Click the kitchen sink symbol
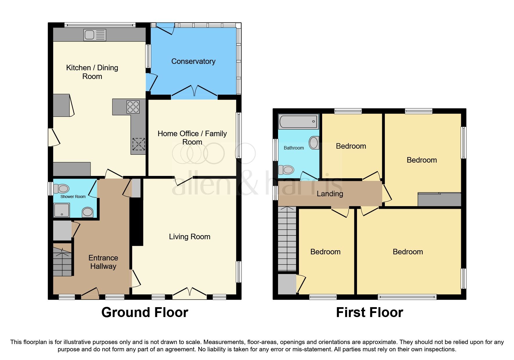point(95,35)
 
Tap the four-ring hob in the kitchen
point(133,107)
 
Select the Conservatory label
point(193,61)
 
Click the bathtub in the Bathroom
point(298,121)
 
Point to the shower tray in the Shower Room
point(62,210)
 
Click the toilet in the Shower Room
point(61,189)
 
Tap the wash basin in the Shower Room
point(87,212)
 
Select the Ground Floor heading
point(145,312)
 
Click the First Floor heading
point(369,312)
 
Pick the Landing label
point(330,194)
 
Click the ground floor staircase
point(62,261)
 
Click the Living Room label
point(190,237)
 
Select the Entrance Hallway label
point(103,262)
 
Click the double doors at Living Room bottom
point(190,293)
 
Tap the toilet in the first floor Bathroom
point(286,170)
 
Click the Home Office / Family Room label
point(192,138)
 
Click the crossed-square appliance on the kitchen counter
point(138,144)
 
